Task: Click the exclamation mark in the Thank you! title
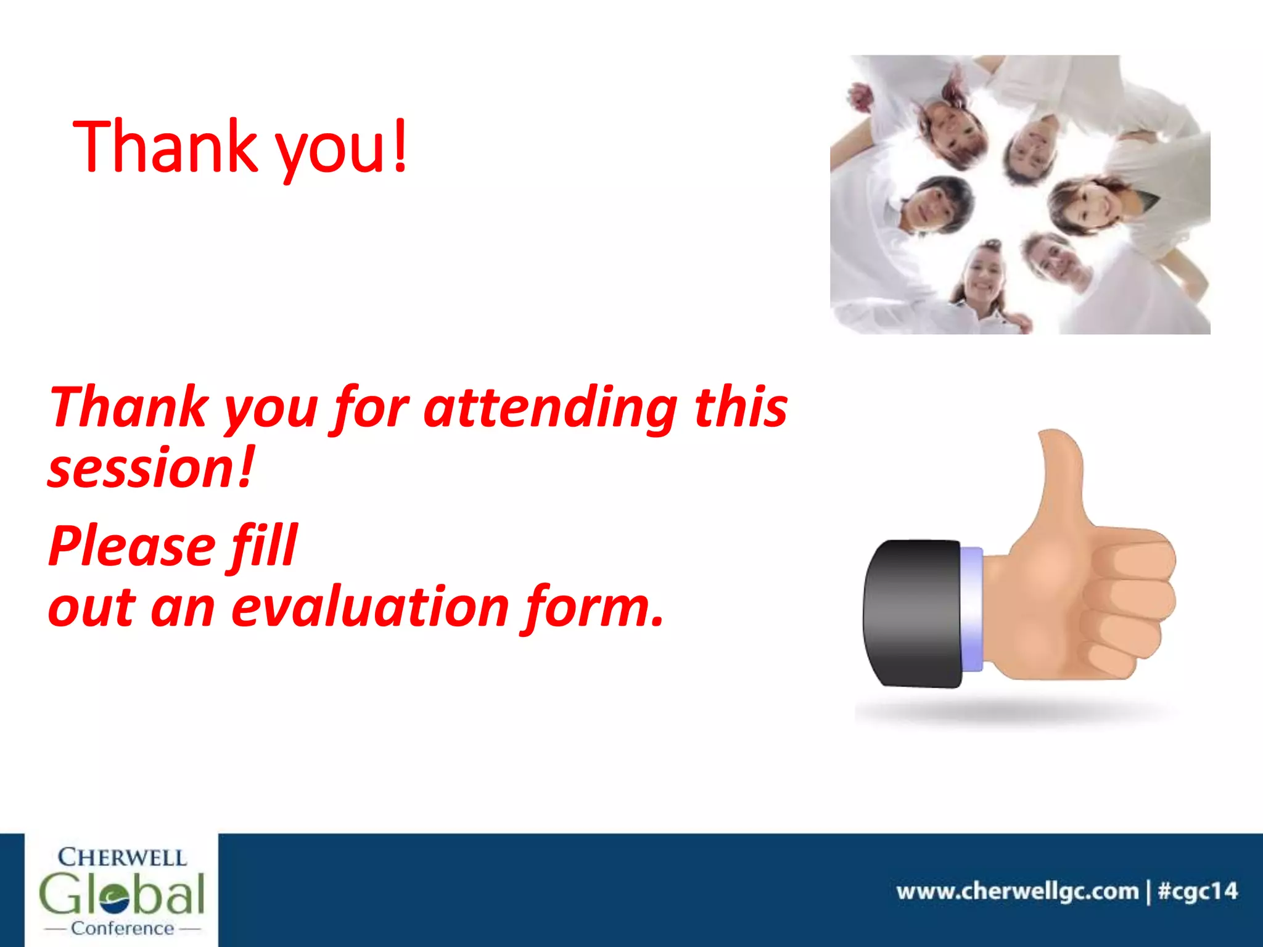click(400, 146)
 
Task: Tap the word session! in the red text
click(151, 470)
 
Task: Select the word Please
click(131, 547)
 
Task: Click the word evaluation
click(370, 608)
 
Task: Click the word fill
click(265, 545)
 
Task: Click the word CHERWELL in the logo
click(121, 858)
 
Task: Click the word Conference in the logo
click(122, 929)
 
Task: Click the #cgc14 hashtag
click(1197, 892)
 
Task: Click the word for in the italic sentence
click(371, 408)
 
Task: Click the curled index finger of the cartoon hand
click(1135, 555)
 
